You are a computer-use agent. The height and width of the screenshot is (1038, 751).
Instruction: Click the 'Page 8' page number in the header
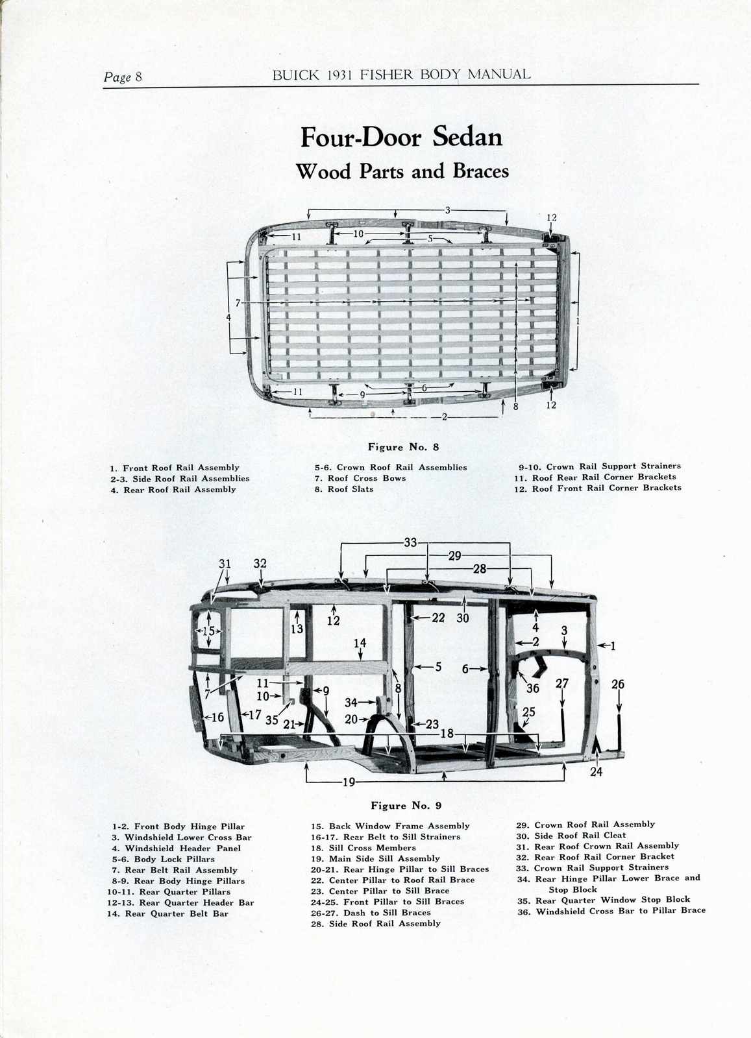point(123,77)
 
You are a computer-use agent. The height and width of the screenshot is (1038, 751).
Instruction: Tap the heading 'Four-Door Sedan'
point(401,138)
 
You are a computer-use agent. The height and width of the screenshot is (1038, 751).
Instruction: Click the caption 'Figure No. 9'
point(406,806)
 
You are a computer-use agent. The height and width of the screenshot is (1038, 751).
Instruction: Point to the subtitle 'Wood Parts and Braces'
point(402,171)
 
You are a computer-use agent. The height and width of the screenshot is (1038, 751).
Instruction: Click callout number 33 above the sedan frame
point(410,542)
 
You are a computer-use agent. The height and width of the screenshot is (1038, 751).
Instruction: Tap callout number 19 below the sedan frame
point(349,782)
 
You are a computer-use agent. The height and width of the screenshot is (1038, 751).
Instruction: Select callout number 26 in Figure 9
point(618,684)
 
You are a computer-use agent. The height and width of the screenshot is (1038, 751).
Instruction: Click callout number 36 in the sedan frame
point(533,688)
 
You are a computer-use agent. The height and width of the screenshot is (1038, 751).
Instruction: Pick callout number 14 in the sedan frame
point(360,642)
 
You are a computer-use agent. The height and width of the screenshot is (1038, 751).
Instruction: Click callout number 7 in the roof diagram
point(238,303)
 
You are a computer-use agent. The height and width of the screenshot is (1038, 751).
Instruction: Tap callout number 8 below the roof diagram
point(516,407)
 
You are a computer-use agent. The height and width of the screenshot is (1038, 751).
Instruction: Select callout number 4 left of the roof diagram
point(228,317)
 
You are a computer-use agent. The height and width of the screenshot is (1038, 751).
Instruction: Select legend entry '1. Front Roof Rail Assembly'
point(175,468)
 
